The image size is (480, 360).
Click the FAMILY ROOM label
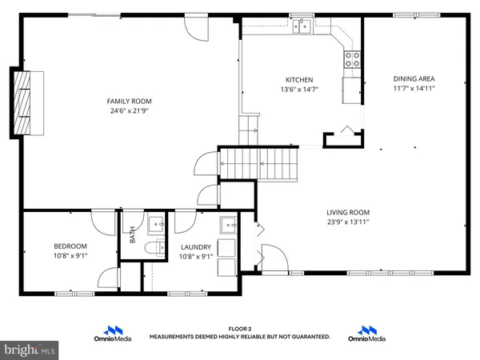130,101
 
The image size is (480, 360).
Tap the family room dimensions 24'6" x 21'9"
130,111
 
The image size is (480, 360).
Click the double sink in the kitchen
302,28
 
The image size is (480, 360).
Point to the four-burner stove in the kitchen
351,58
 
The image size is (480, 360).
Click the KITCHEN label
299,79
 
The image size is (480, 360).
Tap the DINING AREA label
414,78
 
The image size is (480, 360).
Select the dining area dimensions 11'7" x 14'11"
414,89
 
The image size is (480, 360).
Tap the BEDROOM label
70,246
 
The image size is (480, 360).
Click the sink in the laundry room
228,223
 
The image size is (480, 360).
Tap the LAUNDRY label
195,247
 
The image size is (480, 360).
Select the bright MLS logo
30,350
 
